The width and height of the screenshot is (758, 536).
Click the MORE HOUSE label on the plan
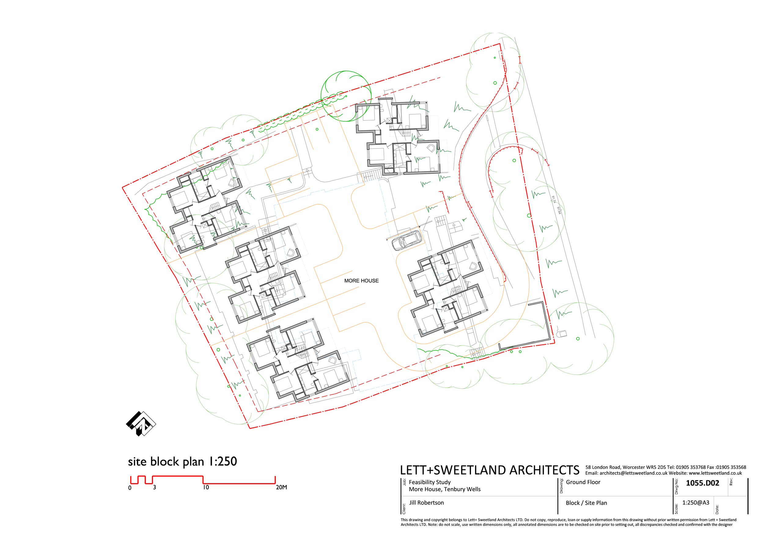point(361,281)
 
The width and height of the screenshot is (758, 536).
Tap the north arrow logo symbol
point(141,424)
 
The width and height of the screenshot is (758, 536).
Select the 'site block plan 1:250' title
point(182,461)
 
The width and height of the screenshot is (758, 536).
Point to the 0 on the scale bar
point(130,488)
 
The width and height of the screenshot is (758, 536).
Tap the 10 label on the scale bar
point(206,487)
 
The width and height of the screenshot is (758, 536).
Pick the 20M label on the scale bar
point(281,487)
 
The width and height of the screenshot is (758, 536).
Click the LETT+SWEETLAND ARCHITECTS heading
point(490,470)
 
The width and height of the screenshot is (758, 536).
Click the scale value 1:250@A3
point(696,503)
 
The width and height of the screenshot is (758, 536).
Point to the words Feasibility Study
point(429,482)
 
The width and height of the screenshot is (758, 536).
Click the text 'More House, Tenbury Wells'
point(445,489)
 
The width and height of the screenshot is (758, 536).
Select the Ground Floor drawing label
point(583,482)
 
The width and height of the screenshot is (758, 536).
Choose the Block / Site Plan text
point(586,503)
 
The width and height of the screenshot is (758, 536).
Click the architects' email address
point(634,473)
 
